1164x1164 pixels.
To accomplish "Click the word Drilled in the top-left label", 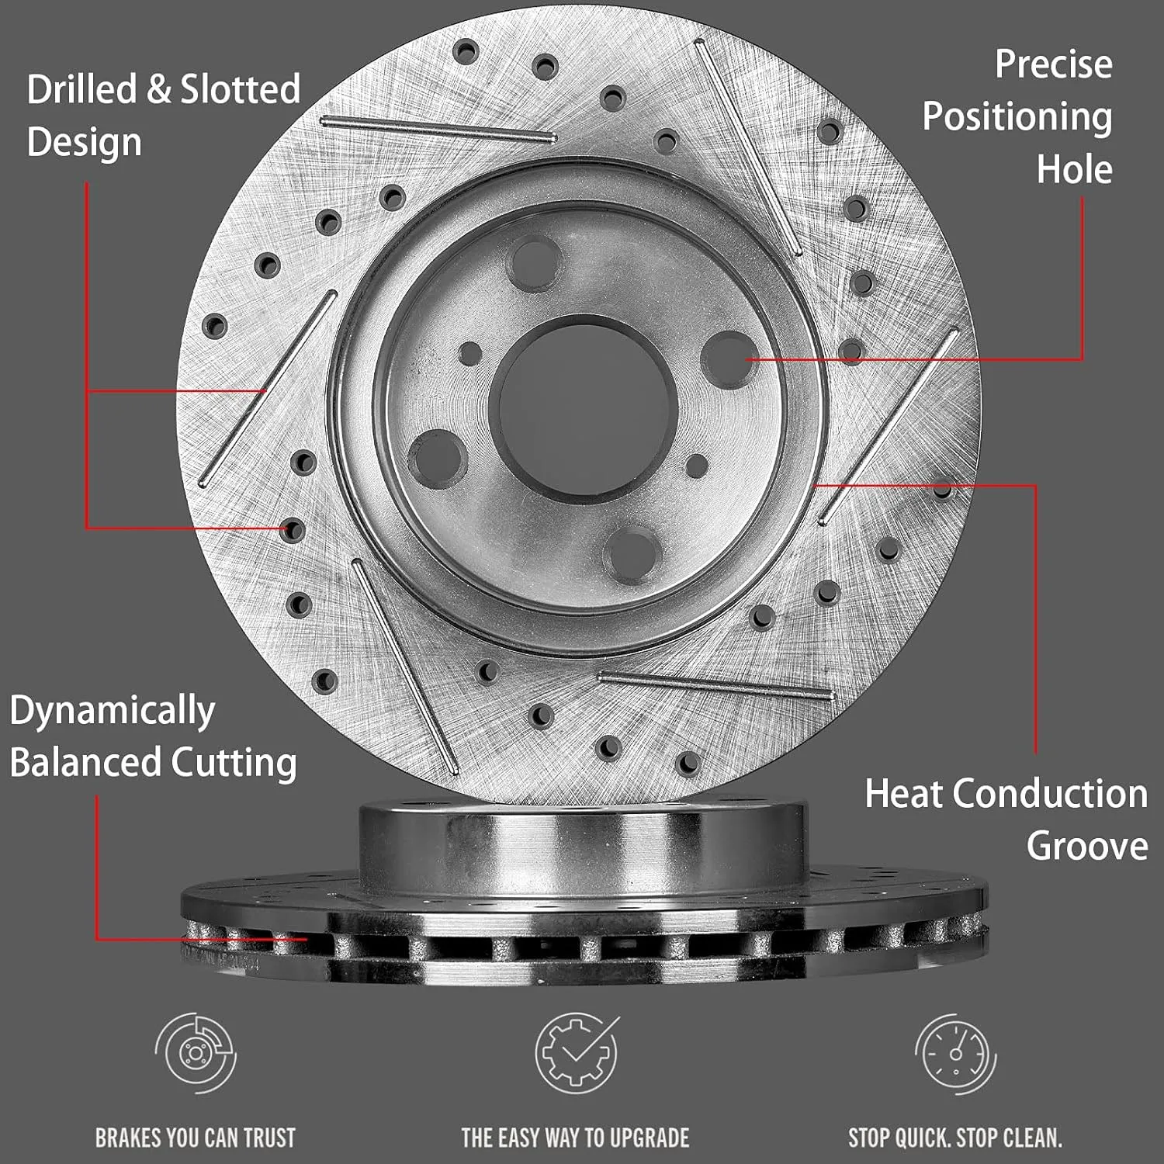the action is [81, 89].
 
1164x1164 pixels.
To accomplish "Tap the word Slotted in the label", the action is [241, 89].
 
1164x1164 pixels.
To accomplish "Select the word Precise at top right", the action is [1053, 64].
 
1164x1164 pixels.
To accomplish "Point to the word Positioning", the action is [1017, 118].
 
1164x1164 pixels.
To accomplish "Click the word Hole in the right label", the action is [1075, 169].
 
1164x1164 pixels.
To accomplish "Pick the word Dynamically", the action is [113, 712].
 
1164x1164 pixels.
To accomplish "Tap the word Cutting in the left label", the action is [234, 764].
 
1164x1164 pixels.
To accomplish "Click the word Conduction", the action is [1051, 794].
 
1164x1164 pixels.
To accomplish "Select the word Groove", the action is [1087, 846].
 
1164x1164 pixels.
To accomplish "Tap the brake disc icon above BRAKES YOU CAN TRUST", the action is [195, 1053].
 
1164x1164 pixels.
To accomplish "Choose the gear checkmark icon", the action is [577, 1053].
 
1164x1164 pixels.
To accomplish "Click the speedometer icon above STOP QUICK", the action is [955, 1053].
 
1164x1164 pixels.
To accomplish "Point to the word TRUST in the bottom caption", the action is [269, 1138].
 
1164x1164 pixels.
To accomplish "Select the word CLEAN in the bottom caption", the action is [1033, 1138].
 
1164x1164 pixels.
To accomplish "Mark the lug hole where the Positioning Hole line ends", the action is [728, 358].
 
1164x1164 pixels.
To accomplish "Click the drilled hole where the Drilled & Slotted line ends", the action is [293, 531].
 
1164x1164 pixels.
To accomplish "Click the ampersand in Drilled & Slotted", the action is [159, 89].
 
